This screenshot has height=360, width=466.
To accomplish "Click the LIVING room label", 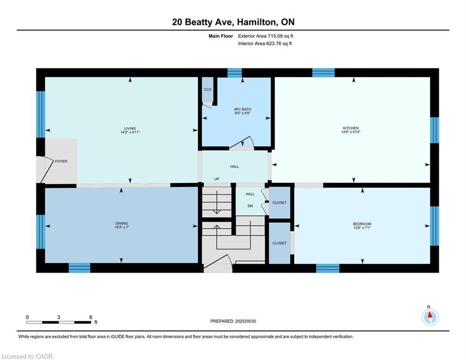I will pos(130,128).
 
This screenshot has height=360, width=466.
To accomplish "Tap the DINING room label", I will pos(121,223).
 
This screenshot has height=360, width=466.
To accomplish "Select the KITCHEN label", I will pos(351,128).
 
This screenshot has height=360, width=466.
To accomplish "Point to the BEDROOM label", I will pos(362,224).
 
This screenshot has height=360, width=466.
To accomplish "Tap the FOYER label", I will pos(61,161).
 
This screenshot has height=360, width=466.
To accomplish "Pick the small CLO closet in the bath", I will pos(207,89).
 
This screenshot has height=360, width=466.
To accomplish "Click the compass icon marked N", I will pos(429,317).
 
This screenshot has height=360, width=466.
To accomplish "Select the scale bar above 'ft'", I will pos(59,322).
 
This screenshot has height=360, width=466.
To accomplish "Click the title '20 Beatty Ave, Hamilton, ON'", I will pos(233,22).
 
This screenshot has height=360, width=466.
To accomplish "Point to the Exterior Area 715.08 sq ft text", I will pos(266,36).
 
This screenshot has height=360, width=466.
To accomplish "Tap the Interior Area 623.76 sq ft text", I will pos(265,44).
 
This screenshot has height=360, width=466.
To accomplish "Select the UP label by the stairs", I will pos(216,179).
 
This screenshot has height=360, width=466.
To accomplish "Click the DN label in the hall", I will pos(251,205).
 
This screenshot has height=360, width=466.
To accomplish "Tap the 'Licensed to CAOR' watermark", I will pos(28,356).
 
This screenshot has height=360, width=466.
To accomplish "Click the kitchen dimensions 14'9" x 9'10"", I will pos(351,132).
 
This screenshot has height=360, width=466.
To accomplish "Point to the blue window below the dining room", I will pos(79,268).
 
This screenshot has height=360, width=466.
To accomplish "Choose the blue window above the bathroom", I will pos(234,73).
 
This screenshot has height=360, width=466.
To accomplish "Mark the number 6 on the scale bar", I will pos(90,317).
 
